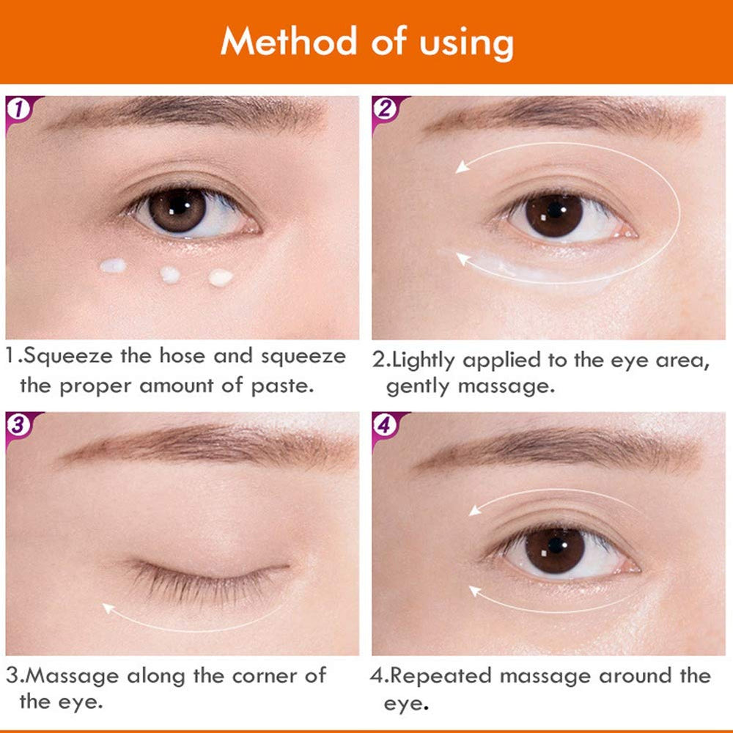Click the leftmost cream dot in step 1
click(113, 265)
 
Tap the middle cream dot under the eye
click(170, 274)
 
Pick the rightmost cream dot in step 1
click(221, 277)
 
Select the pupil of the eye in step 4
click(554, 546)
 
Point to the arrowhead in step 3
click(108, 607)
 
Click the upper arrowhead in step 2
click(462, 167)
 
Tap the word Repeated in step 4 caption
click(449, 675)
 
